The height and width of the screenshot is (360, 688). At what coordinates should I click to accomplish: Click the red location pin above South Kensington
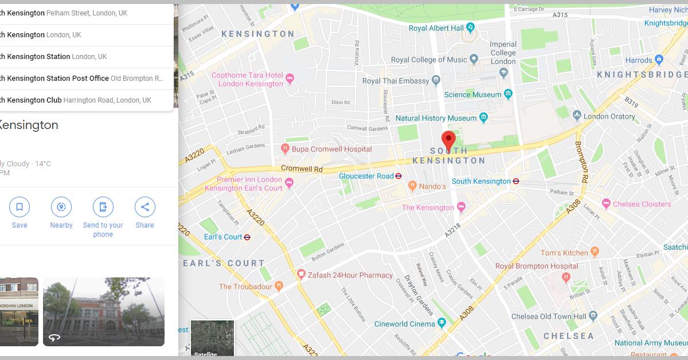click(x=448, y=139)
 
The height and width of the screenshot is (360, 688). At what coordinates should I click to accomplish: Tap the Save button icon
click(x=19, y=207)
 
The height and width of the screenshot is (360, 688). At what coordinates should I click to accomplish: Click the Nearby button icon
click(x=61, y=207)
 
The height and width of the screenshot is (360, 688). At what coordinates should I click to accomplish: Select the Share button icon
click(x=144, y=207)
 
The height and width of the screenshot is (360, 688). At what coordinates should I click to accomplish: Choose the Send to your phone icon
click(x=103, y=207)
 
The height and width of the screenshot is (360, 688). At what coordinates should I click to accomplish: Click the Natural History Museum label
click(x=436, y=118)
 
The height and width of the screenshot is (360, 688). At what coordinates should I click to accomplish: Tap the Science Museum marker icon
click(x=508, y=94)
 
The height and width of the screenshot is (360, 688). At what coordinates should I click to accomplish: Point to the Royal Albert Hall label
click(x=436, y=28)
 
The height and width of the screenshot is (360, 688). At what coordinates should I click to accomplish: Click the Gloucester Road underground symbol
click(x=398, y=176)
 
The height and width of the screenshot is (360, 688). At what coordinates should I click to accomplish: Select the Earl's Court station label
click(x=223, y=237)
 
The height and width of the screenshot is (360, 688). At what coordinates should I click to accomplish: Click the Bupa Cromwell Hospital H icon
click(x=285, y=149)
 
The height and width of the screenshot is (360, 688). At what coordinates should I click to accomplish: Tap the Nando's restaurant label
click(x=432, y=186)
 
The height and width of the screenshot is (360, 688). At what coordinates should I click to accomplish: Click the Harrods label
click(x=639, y=60)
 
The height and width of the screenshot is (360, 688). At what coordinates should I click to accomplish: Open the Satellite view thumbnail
click(x=212, y=338)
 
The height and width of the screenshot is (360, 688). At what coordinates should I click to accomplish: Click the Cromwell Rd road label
click(x=302, y=169)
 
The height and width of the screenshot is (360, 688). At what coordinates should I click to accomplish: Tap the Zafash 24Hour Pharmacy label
click(x=350, y=275)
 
